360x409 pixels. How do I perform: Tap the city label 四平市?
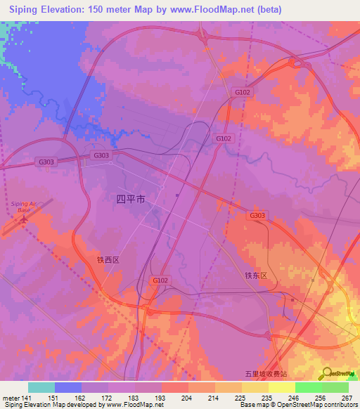[x=131, y=200]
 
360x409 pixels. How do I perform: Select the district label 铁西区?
[x=109, y=259]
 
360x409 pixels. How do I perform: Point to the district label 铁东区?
[x=257, y=276]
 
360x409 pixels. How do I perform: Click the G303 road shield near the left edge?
[x=46, y=162]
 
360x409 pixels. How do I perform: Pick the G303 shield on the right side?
[x=257, y=215]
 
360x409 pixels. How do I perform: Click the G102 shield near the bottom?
[x=160, y=280]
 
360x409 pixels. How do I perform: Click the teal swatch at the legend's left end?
[x=41, y=387]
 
